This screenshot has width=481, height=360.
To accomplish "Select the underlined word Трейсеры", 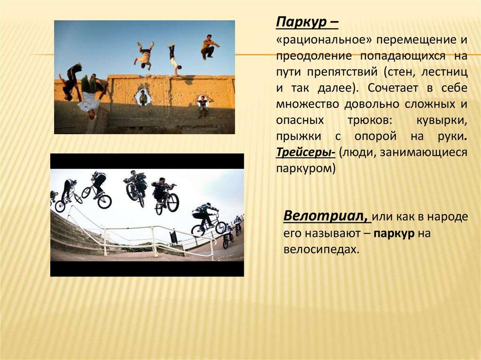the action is tap(304, 152).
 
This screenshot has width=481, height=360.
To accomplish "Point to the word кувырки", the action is tap(442, 120).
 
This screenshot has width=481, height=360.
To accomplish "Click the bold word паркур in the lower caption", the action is tap(394, 234).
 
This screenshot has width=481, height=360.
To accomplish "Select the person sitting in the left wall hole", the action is tap(143, 97).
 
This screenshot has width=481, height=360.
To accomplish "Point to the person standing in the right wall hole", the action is tap(202, 106).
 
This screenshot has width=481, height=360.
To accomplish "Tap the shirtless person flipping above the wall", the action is tap(144, 55).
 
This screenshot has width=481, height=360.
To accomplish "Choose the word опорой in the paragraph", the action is tap(375, 136).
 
